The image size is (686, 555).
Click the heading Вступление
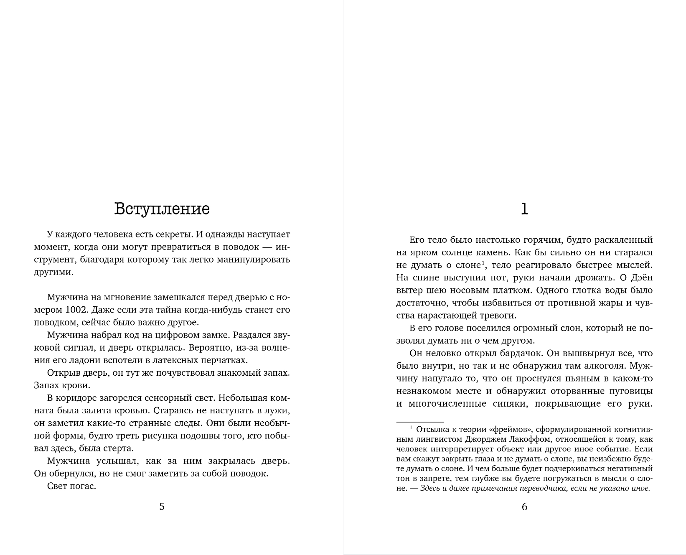coord(162,209)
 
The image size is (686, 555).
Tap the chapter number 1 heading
coord(524,209)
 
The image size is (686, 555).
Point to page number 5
coord(162,507)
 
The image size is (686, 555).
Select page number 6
coord(525,507)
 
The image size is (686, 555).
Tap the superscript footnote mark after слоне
coord(483,263)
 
